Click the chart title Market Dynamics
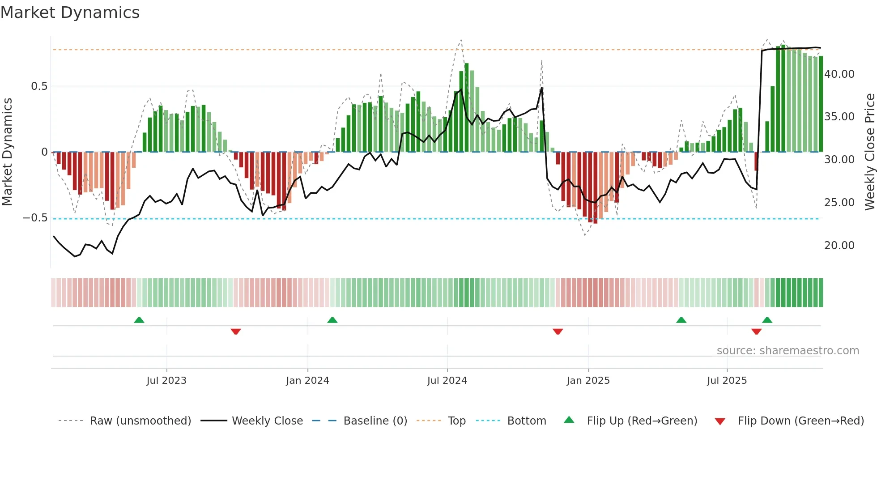[70, 13]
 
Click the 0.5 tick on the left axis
[39, 86]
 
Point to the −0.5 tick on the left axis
[35, 218]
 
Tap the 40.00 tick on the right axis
[839, 74]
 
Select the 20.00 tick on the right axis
[839, 246]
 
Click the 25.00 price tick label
[839, 203]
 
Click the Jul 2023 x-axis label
[166, 381]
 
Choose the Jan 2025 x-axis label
[588, 381]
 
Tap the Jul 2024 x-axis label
[447, 381]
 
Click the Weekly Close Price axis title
[869, 152]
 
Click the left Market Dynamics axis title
[7, 152]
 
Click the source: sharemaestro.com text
[788, 351]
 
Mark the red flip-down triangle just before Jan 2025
[558, 331]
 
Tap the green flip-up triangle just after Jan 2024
[332, 320]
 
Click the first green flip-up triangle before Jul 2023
[139, 320]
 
